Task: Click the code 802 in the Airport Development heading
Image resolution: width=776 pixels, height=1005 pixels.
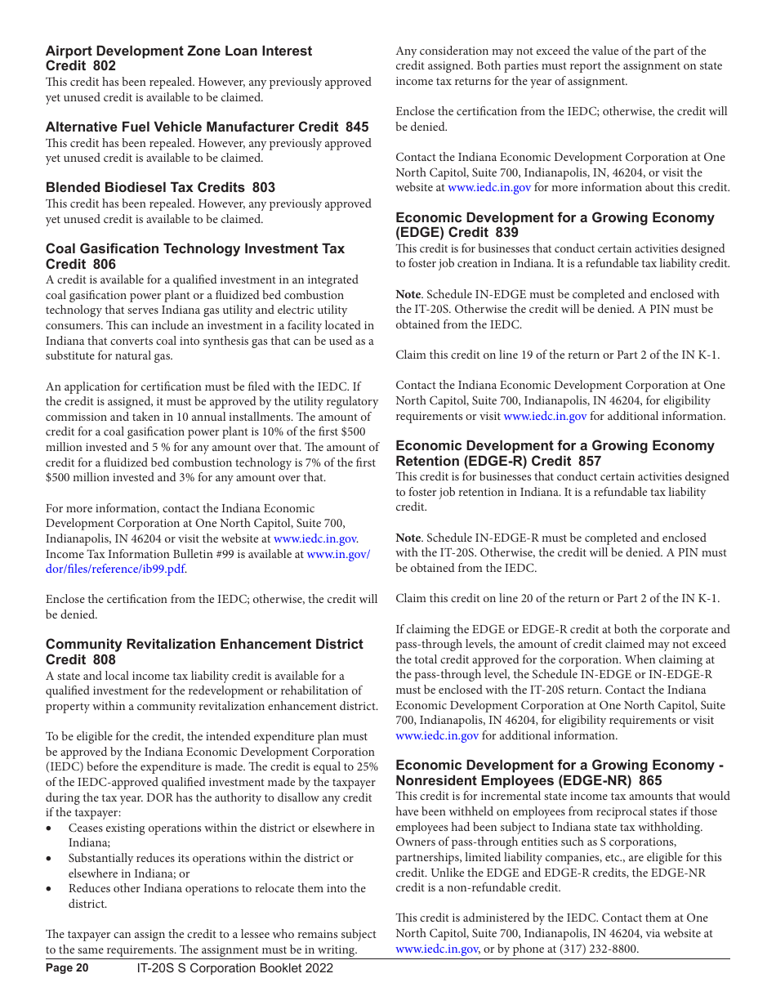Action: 105,66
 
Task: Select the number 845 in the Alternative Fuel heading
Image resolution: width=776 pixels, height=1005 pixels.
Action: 357,127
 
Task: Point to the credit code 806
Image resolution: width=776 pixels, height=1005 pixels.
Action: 105,264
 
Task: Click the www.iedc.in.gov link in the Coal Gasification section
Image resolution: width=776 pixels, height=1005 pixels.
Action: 314,538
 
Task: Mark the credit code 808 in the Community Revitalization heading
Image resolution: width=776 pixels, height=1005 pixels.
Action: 105,659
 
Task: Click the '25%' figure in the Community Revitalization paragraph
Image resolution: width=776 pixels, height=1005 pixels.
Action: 367,767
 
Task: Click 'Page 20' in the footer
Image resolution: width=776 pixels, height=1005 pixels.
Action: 67,968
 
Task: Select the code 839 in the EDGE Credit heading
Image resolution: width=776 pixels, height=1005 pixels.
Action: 506,233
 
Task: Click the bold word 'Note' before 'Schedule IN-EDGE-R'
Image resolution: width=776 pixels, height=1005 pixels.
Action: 408,538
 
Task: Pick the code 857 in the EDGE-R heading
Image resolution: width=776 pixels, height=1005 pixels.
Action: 589,462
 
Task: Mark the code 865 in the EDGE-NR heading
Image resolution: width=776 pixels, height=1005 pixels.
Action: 650,780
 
